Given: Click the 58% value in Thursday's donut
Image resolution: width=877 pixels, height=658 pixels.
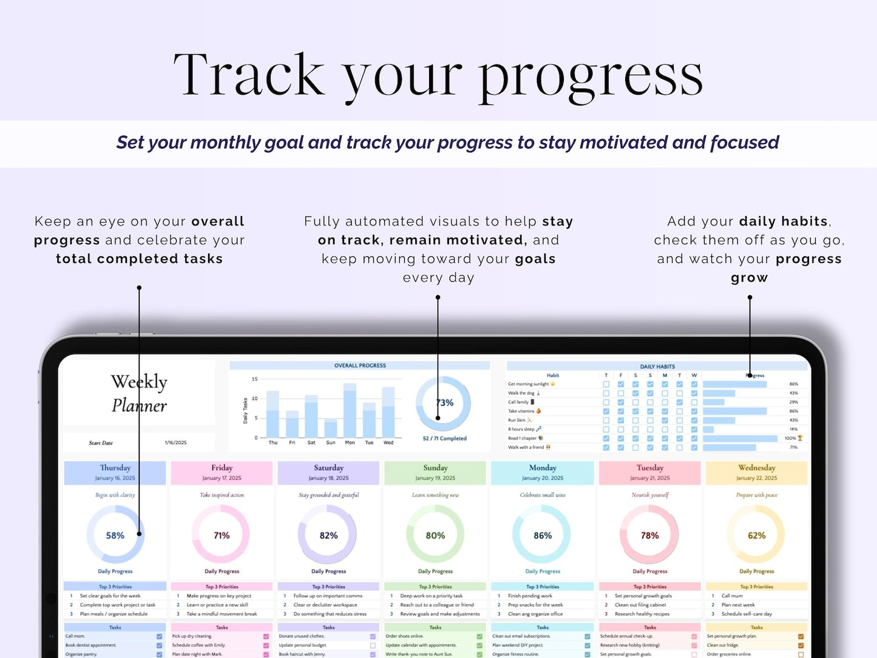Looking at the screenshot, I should pyautogui.click(x=115, y=535).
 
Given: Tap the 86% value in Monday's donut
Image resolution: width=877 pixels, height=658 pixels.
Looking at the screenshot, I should pyautogui.click(x=543, y=535).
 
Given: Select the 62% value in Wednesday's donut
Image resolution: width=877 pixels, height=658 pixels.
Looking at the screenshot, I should pyautogui.click(x=756, y=535).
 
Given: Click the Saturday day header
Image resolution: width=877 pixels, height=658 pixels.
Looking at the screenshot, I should pyautogui.click(x=328, y=468).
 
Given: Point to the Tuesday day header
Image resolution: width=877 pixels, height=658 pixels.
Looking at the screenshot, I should pyautogui.click(x=649, y=468).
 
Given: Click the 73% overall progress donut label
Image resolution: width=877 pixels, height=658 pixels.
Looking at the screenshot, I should pyautogui.click(x=445, y=402).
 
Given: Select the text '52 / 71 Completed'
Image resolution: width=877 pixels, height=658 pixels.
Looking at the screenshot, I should pyautogui.click(x=444, y=438).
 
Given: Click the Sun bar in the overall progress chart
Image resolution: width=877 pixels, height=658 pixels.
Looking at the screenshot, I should pyautogui.click(x=330, y=429).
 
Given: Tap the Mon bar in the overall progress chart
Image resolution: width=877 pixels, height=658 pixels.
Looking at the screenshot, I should pyautogui.click(x=350, y=410).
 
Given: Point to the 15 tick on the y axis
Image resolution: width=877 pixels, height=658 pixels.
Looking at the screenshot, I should pyautogui.click(x=255, y=379).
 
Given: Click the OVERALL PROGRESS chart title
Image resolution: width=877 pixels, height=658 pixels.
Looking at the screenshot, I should pyautogui.click(x=360, y=365).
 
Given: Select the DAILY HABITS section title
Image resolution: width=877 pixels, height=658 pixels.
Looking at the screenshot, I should pyautogui.click(x=657, y=367).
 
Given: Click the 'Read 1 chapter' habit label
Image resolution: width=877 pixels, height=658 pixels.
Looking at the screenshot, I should pyautogui.click(x=523, y=438).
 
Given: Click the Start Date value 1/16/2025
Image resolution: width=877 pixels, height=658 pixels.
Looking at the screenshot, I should pyautogui.click(x=175, y=443).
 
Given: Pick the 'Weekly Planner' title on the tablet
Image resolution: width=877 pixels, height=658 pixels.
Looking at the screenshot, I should pyautogui.click(x=139, y=393).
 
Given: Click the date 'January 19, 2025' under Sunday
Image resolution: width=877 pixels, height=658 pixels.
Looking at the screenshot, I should pyautogui.click(x=435, y=478).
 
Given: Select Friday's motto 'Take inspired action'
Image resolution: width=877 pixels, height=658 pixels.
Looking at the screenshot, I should pyautogui.click(x=222, y=495).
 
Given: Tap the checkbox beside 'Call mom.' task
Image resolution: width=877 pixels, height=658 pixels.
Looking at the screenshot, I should pyautogui.click(x=159, y=637).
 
